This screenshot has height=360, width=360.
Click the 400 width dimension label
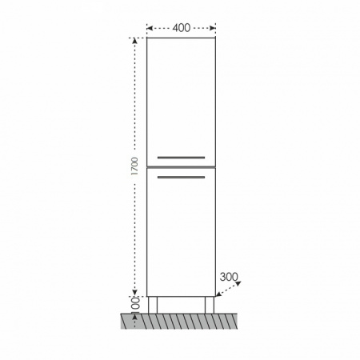point(182,28)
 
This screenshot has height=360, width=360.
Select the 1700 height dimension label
point(135,166)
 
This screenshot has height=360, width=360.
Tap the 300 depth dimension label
point(229,277)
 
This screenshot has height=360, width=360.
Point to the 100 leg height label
point(135,304)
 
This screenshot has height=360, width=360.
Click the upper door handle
point(181,158)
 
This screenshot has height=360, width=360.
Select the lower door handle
point(181,177)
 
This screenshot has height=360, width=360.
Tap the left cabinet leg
point(153,305)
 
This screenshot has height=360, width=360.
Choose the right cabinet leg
point(210,305)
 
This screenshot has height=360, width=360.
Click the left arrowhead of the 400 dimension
point(150,28)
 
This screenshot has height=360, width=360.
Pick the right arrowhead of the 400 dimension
point(213,28)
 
